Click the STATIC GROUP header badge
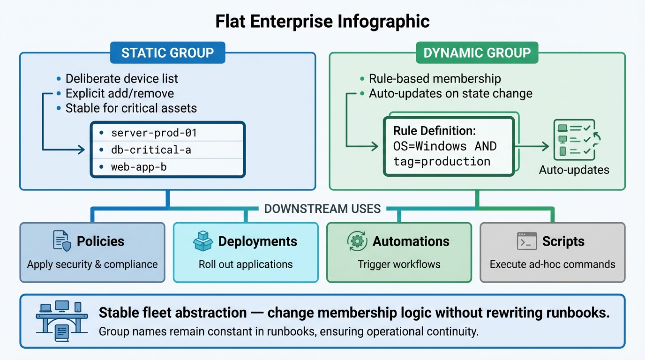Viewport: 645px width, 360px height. [x=167, y=53]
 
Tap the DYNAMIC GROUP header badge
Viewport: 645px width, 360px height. [x=477, y=53]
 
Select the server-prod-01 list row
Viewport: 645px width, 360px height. [x=154, y=133]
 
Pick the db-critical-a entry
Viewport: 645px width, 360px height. [x=151, y=150]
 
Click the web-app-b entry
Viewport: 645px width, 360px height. [x=139, y=167]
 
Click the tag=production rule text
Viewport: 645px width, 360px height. [x=442, y=162]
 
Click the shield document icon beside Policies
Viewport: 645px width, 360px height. [x=62, y=241]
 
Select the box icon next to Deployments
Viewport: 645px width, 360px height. [x=203, y=241]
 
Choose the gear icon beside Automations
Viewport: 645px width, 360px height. [x=357, y=241]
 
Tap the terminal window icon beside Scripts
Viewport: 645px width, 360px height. [x=526, y=241]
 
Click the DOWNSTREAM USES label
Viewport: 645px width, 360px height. [x=322, y=209]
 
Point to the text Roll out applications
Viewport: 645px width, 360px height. [x=246, y=264]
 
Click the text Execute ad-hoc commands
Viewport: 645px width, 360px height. [x=552, y=264]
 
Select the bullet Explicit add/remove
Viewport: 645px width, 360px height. [x=120, y=93]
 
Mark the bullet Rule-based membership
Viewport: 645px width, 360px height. [x=435, y=79]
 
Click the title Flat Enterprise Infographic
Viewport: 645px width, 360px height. [x=322, y=21]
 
